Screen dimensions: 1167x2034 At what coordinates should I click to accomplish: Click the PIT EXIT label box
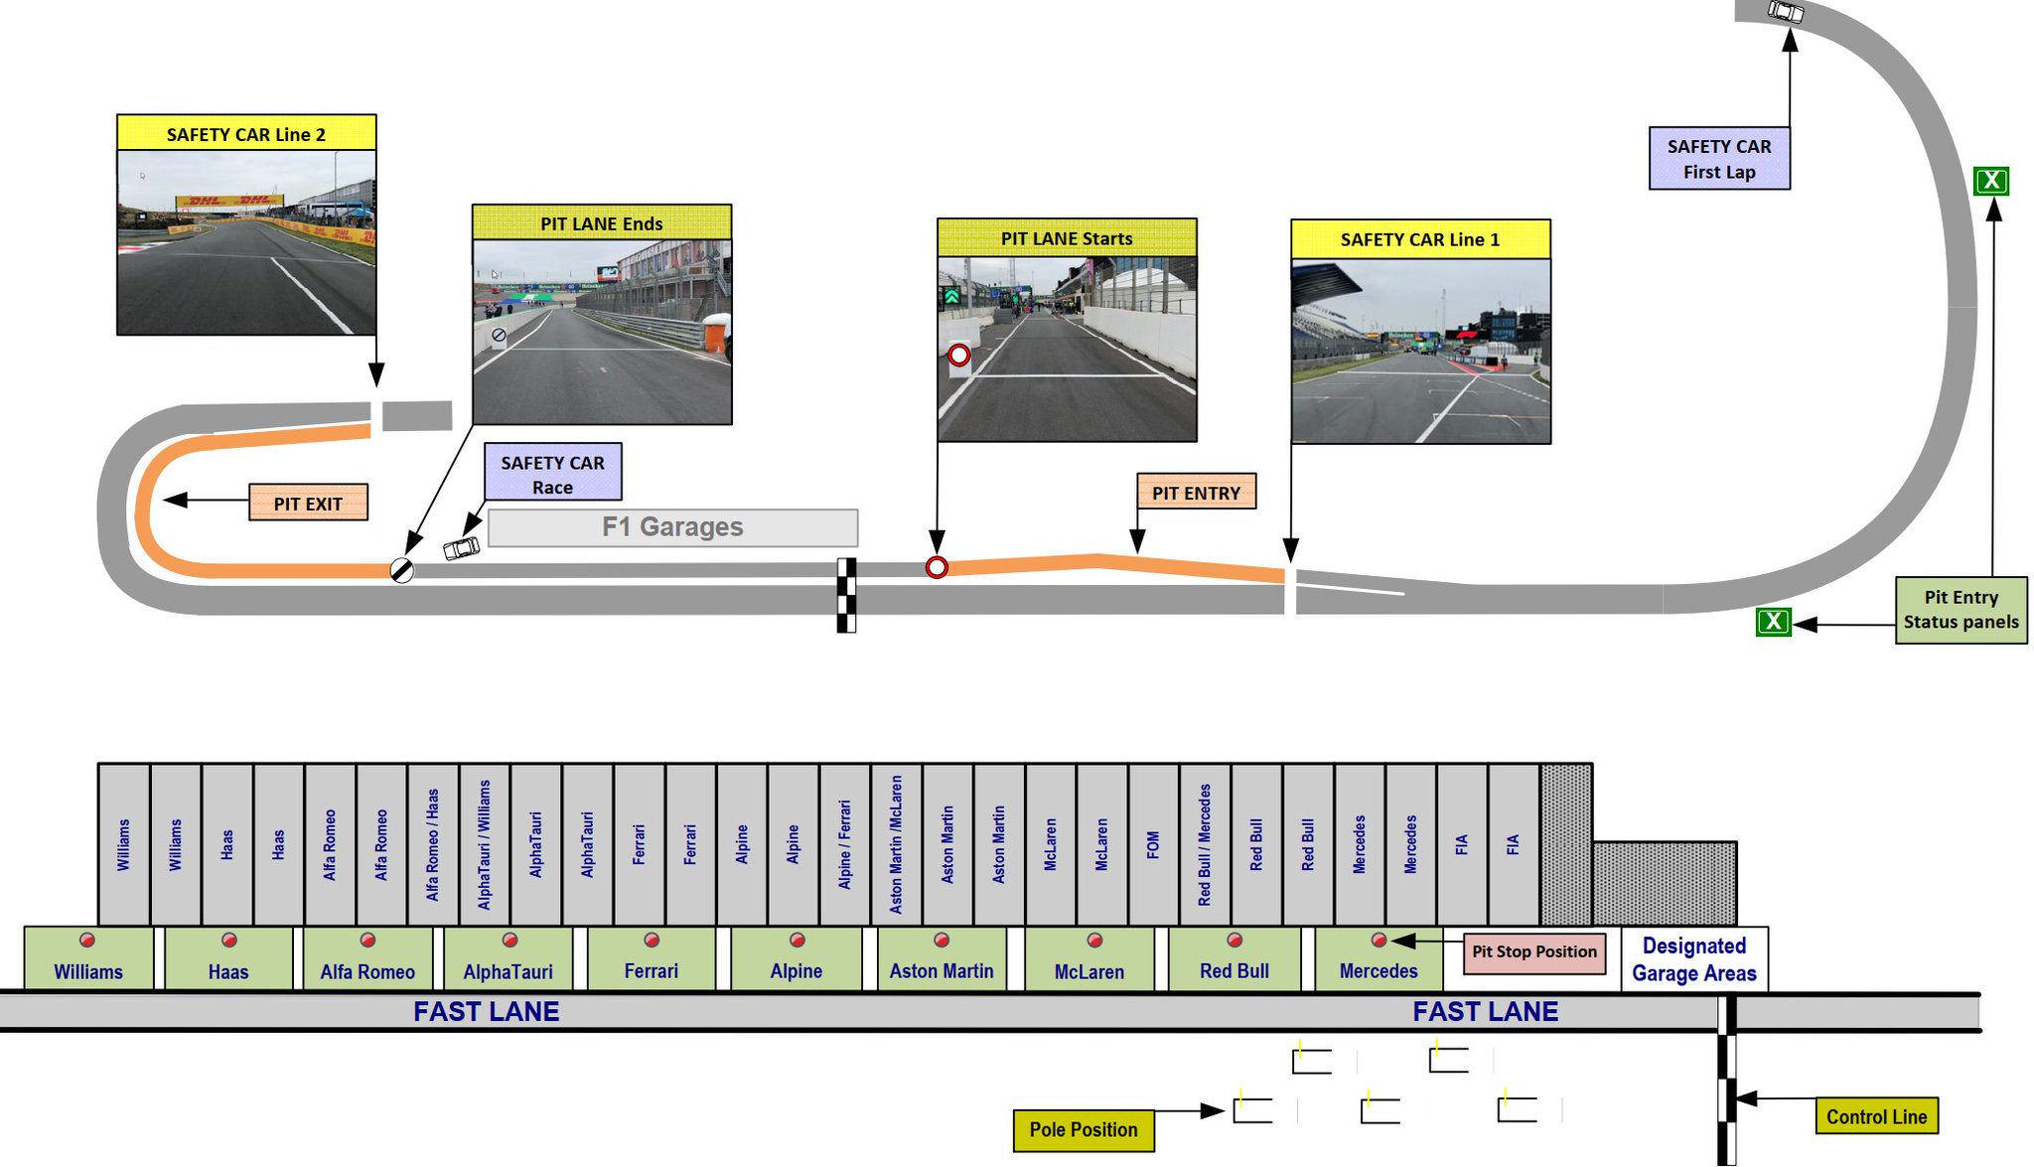308,503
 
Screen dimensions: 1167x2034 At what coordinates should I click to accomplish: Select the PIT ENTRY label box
1196,492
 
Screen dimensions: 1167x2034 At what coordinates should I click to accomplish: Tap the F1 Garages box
672,527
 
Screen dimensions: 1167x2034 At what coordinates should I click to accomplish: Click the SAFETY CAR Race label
552,473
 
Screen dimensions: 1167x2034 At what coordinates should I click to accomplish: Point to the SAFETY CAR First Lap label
1719,159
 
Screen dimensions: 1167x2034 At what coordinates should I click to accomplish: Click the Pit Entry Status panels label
1961,610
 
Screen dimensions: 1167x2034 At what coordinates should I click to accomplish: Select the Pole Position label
1084,1130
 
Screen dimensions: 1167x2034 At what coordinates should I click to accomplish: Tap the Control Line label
1876,1116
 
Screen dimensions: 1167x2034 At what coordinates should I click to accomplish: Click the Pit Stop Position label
1533,951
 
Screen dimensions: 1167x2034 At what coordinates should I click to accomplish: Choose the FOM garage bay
1152,844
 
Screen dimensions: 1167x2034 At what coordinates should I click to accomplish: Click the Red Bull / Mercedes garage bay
1204,844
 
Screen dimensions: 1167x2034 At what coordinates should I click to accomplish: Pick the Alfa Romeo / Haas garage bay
432,844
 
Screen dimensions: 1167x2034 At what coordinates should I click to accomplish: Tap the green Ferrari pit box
651,959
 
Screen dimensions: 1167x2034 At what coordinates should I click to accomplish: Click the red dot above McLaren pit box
1094,940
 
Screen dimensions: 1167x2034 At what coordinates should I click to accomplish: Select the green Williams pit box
88,959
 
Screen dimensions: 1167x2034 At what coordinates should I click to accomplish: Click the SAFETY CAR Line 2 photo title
246,134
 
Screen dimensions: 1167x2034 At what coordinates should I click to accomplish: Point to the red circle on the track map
937,567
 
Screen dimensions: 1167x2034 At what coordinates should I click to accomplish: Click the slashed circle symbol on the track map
401,570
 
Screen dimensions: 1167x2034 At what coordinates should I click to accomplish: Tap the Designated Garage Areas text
1693,959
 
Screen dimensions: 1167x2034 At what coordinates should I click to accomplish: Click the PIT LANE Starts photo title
1067,238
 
